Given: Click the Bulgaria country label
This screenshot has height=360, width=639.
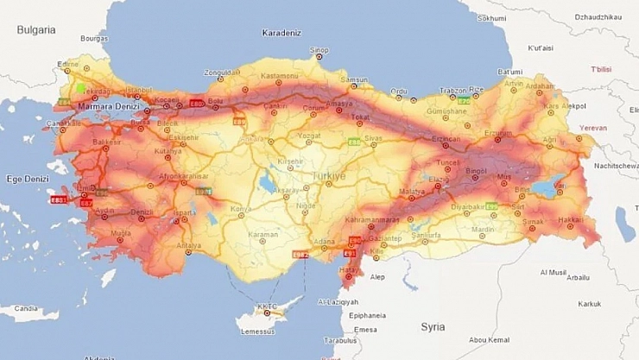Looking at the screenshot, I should (x=36, y=30).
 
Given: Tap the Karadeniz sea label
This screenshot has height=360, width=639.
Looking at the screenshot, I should (x=282, y=34).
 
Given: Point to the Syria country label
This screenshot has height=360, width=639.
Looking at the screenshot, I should (x=433, y=327).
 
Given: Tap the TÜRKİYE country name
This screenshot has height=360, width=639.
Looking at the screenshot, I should (x=327, y=175).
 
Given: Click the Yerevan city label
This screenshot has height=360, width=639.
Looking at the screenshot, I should (x=592, y=128).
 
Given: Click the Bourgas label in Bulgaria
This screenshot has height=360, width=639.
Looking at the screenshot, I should (x=93, y=39).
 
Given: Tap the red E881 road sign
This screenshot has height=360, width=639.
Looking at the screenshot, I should (x=60, y=199).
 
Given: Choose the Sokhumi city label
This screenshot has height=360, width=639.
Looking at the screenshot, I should (x=491, y=17).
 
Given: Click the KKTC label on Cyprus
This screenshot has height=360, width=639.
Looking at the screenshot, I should (x=268, y=306).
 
